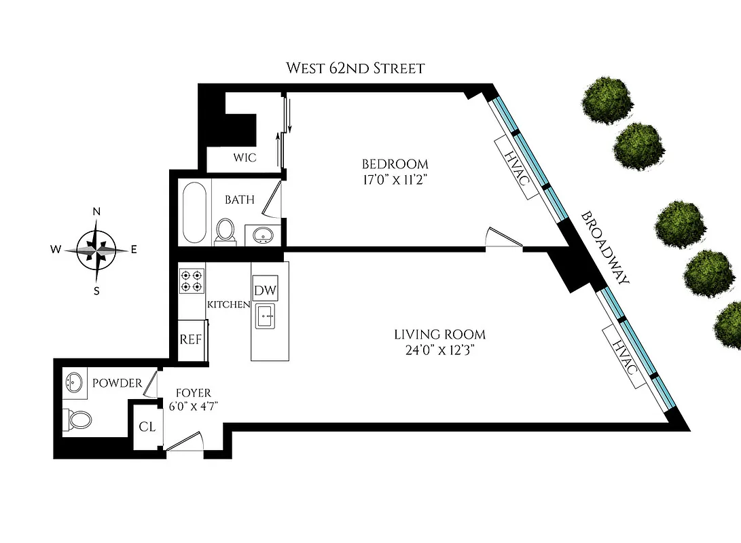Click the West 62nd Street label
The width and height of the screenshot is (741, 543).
[355, 68]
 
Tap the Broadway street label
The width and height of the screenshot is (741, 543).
[605, 249]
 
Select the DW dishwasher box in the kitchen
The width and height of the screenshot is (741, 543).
[265, 290]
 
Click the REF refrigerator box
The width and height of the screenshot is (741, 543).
[190, 339]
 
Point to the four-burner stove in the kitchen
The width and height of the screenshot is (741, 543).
[192, 281]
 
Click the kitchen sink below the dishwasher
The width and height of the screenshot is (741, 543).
[265, 315]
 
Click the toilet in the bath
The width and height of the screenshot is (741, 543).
[225, 231]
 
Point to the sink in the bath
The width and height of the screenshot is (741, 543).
[263, 235]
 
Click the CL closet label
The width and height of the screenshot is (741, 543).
[147, 427]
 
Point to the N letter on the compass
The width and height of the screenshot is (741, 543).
[97, 212]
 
